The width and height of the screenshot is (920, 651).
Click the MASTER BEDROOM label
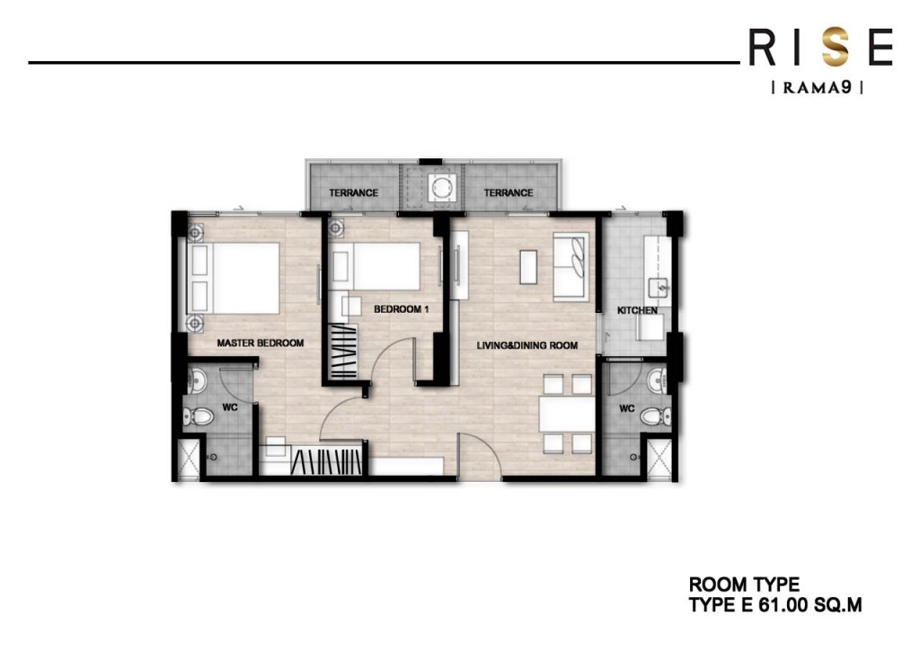click(x=261, y=343)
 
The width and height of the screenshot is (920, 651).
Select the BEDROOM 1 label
click(x=402, y=309)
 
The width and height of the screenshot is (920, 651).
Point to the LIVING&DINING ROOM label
click(x=526, y=344)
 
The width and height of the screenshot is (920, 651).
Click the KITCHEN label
click(x=637, y=310)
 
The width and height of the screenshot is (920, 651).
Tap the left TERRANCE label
click(x=353, y=192)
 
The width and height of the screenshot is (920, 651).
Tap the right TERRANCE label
click(x=509, y=192)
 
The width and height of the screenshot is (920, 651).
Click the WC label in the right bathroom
click(x=627, y=409)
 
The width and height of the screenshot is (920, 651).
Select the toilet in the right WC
click(x=661, y=415)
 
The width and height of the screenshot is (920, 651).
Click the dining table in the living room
click(x=566, y=415)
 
